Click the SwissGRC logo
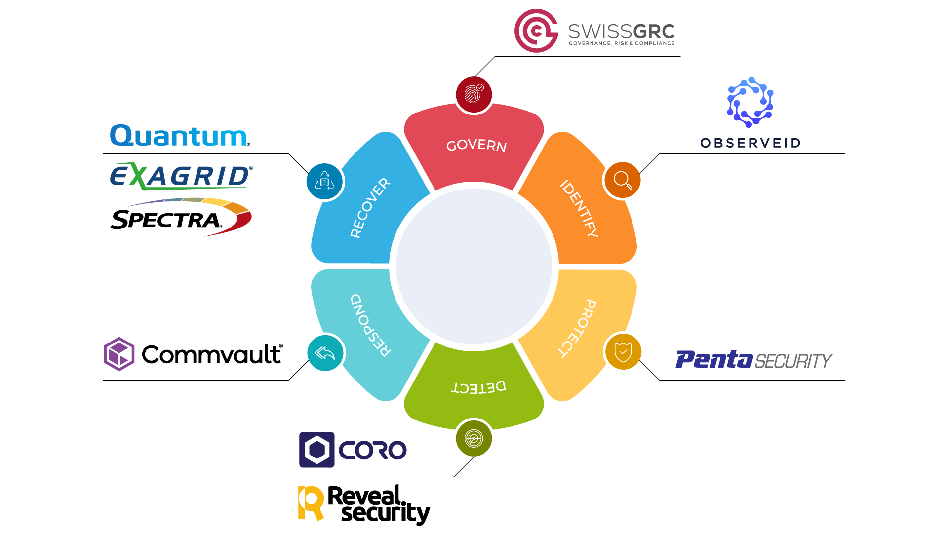594,31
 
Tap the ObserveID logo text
750,143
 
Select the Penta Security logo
753,360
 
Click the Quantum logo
180,136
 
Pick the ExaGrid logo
181,176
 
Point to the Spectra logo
181,218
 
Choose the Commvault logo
193,354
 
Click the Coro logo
353,450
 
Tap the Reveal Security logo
364,504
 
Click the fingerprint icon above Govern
474,94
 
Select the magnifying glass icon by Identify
622,180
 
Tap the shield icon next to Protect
623,352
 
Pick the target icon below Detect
474,438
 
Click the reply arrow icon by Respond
325,353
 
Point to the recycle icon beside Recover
325,182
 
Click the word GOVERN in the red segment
476,146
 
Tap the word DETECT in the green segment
478,387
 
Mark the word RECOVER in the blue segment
370,208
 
